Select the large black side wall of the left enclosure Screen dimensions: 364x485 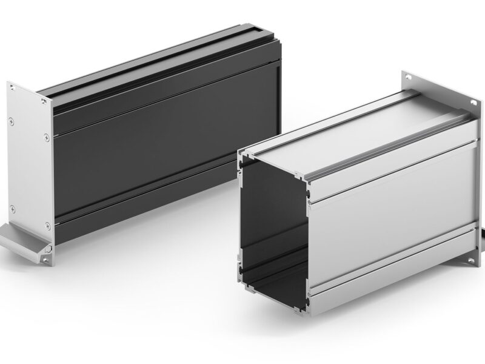pyautogui.click(x=164, y=152)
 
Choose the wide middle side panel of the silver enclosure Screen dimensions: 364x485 pyautogui.click(x=394, y=206)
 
